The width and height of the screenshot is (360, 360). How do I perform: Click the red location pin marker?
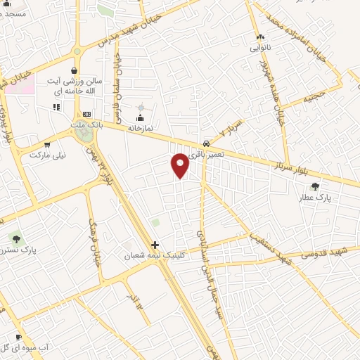pos(181,165)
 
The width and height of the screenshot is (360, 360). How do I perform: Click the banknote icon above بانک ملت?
pos(86,114)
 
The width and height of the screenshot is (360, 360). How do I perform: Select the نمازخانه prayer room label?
pos(141,129)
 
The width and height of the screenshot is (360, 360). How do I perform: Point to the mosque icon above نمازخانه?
pos(141,117)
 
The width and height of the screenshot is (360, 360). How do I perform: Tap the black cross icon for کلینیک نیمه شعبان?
pos(155,245)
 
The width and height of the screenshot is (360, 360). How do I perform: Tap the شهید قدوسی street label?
pos(320,253)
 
